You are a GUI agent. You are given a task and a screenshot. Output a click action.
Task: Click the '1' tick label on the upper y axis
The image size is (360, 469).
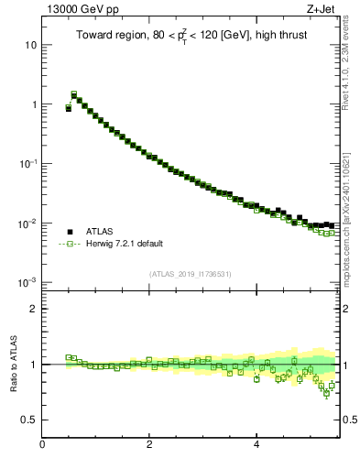coord(33,104)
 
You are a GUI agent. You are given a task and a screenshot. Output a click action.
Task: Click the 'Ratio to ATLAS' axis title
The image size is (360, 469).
coord(12,365)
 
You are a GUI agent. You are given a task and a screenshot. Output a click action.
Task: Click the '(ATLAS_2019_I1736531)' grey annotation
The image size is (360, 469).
coord(191,274)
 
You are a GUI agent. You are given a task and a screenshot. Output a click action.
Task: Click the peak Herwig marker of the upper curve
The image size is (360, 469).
coord(74,93)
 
